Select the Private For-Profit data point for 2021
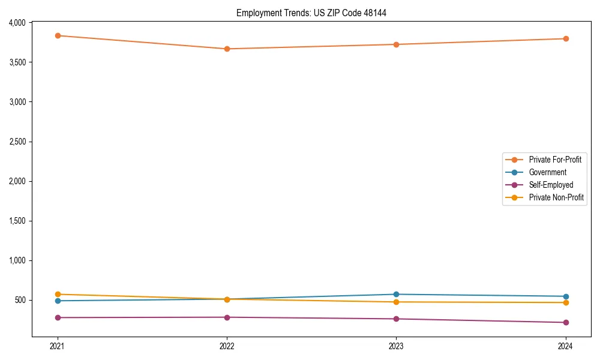58,35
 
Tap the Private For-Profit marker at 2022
227,49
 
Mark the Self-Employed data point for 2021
58,317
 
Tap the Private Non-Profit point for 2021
58,295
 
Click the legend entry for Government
547,172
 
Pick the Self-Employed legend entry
551,185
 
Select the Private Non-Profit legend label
556,197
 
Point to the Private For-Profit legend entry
555,160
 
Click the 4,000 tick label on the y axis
17,23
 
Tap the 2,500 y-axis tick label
17,142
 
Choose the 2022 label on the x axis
227,346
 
